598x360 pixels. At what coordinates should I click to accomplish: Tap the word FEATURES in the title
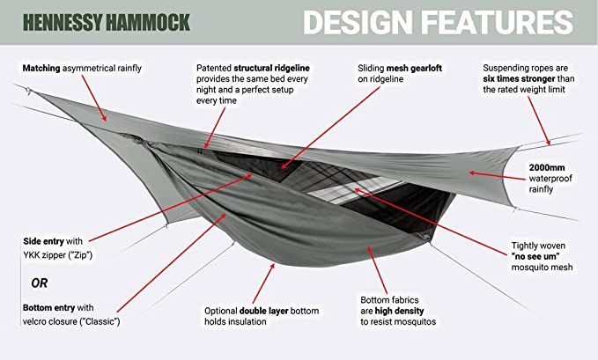pyautogui.click(x=498, y=22)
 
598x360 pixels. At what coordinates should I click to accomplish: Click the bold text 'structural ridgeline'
pyautogui.click(x=271, y=69)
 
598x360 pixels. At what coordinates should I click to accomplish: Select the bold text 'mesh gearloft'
pyautogui.click(x=414, y=69)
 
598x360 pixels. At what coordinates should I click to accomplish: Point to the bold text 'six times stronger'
pyautogui.click(x=519, y=79)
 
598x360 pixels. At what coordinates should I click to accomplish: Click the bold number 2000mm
pyautogui.click(x=547, y=167)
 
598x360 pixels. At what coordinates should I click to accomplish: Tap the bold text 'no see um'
pyautogui.click(x=535, y=256)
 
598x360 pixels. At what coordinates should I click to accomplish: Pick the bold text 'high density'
pyautogui.click(x=399, y=311)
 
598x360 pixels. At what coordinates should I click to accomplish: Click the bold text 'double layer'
pyautogui.click(x=263, y=311)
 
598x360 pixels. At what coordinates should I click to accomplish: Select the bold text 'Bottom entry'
pyautogui.click(x=48, y=308)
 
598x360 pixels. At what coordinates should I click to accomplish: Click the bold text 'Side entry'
pyautogui.click(x=43, y=241)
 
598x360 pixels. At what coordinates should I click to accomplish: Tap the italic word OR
pyautogui.click(x=40, y=283)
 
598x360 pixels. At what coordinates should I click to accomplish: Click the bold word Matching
pyautogui.click(x=41, y=69)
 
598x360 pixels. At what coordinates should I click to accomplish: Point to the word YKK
pyautogui.click(x=31, y=255)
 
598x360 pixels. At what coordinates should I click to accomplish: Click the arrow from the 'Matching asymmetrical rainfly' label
pyautogui.click(x=94, y=99)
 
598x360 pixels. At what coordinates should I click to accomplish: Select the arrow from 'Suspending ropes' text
pyautogui.click(x=539, y=121)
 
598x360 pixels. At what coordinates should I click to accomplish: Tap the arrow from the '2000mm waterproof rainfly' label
pyautogui.click(x=497, y=176)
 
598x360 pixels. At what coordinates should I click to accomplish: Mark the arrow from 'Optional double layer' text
pyautogui.click(x=263, y=283)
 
